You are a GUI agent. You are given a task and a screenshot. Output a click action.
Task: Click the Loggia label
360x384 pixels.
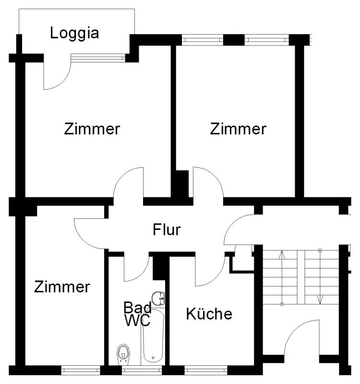75,33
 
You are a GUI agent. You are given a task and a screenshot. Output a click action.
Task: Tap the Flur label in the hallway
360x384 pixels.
167,230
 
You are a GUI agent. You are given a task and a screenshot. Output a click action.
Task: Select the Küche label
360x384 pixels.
209,314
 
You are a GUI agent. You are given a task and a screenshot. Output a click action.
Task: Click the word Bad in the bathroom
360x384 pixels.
138,307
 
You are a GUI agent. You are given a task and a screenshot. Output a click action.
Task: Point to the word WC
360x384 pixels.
138,320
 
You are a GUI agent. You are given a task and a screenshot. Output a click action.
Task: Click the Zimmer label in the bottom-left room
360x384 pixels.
62,287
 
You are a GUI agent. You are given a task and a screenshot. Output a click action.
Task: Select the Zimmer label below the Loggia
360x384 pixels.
92,129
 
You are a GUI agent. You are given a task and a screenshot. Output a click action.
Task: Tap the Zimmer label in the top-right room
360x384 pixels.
238,129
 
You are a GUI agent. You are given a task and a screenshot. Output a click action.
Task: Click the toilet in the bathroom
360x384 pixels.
124,354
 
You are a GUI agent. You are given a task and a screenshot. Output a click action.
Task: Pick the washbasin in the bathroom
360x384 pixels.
159,298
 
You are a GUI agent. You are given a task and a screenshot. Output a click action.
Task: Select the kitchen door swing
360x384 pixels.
207,271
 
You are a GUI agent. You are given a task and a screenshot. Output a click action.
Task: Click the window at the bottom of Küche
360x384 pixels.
206,370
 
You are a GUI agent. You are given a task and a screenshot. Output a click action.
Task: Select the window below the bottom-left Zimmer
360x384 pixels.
81,370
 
